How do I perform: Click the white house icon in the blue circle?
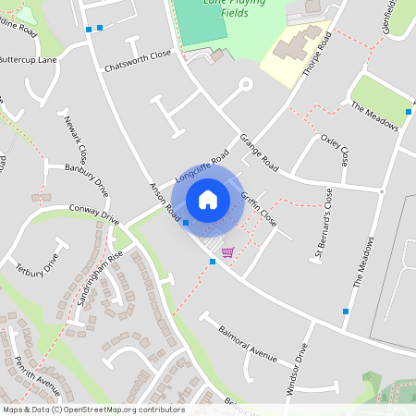pyautogui.click(x=208, y=200)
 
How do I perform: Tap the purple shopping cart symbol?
pyautogui.click(x=227, y=251)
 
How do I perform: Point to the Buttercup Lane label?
pyautogui.click(x=29, y=58)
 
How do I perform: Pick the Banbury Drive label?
pyautogui.click(x=88, y=180)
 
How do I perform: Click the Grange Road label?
pyautogui.click(x=259, y=152)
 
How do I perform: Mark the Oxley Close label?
pyautogui.click(x=335, y=149)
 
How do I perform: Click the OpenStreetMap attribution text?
pyautogui.click(x=93, y=410)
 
